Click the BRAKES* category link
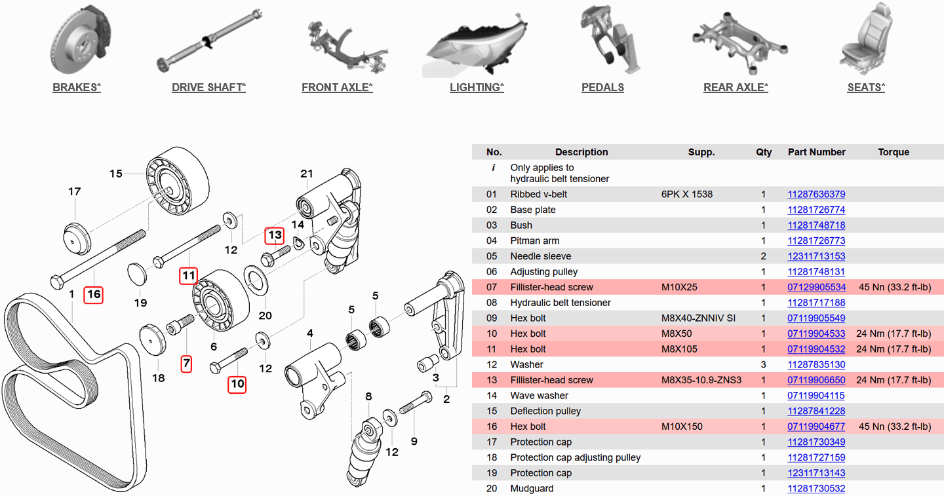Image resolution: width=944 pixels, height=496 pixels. (x=77, y=87)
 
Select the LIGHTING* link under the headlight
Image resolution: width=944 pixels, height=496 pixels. (x=477, y=87)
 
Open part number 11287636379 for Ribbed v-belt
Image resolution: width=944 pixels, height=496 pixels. (x=816, y=195)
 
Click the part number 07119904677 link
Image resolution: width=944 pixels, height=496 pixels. (x=816, y=427)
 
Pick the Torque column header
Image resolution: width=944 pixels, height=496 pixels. (x=894, y=152)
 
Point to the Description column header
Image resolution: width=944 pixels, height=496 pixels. (x=581, y=152)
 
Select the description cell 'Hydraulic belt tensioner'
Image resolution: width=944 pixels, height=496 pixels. (x=560, y=303)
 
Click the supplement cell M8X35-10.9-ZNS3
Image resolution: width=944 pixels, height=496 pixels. (x=701, y=380)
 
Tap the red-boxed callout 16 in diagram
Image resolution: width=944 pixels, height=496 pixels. (x=94, y=294)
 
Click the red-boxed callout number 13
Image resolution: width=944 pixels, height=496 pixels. (x=275, y=235)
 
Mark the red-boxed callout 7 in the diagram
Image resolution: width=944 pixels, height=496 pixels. (x=187, y=363)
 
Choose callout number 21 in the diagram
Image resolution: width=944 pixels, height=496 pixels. (x=307, y=174)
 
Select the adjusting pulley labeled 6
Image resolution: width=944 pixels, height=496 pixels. (x=220, y=301)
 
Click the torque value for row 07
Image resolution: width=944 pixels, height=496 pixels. (x=894, y=288)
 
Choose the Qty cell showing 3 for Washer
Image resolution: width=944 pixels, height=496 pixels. (x=764, y=365)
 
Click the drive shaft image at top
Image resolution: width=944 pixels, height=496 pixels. (x=208, y=41)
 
